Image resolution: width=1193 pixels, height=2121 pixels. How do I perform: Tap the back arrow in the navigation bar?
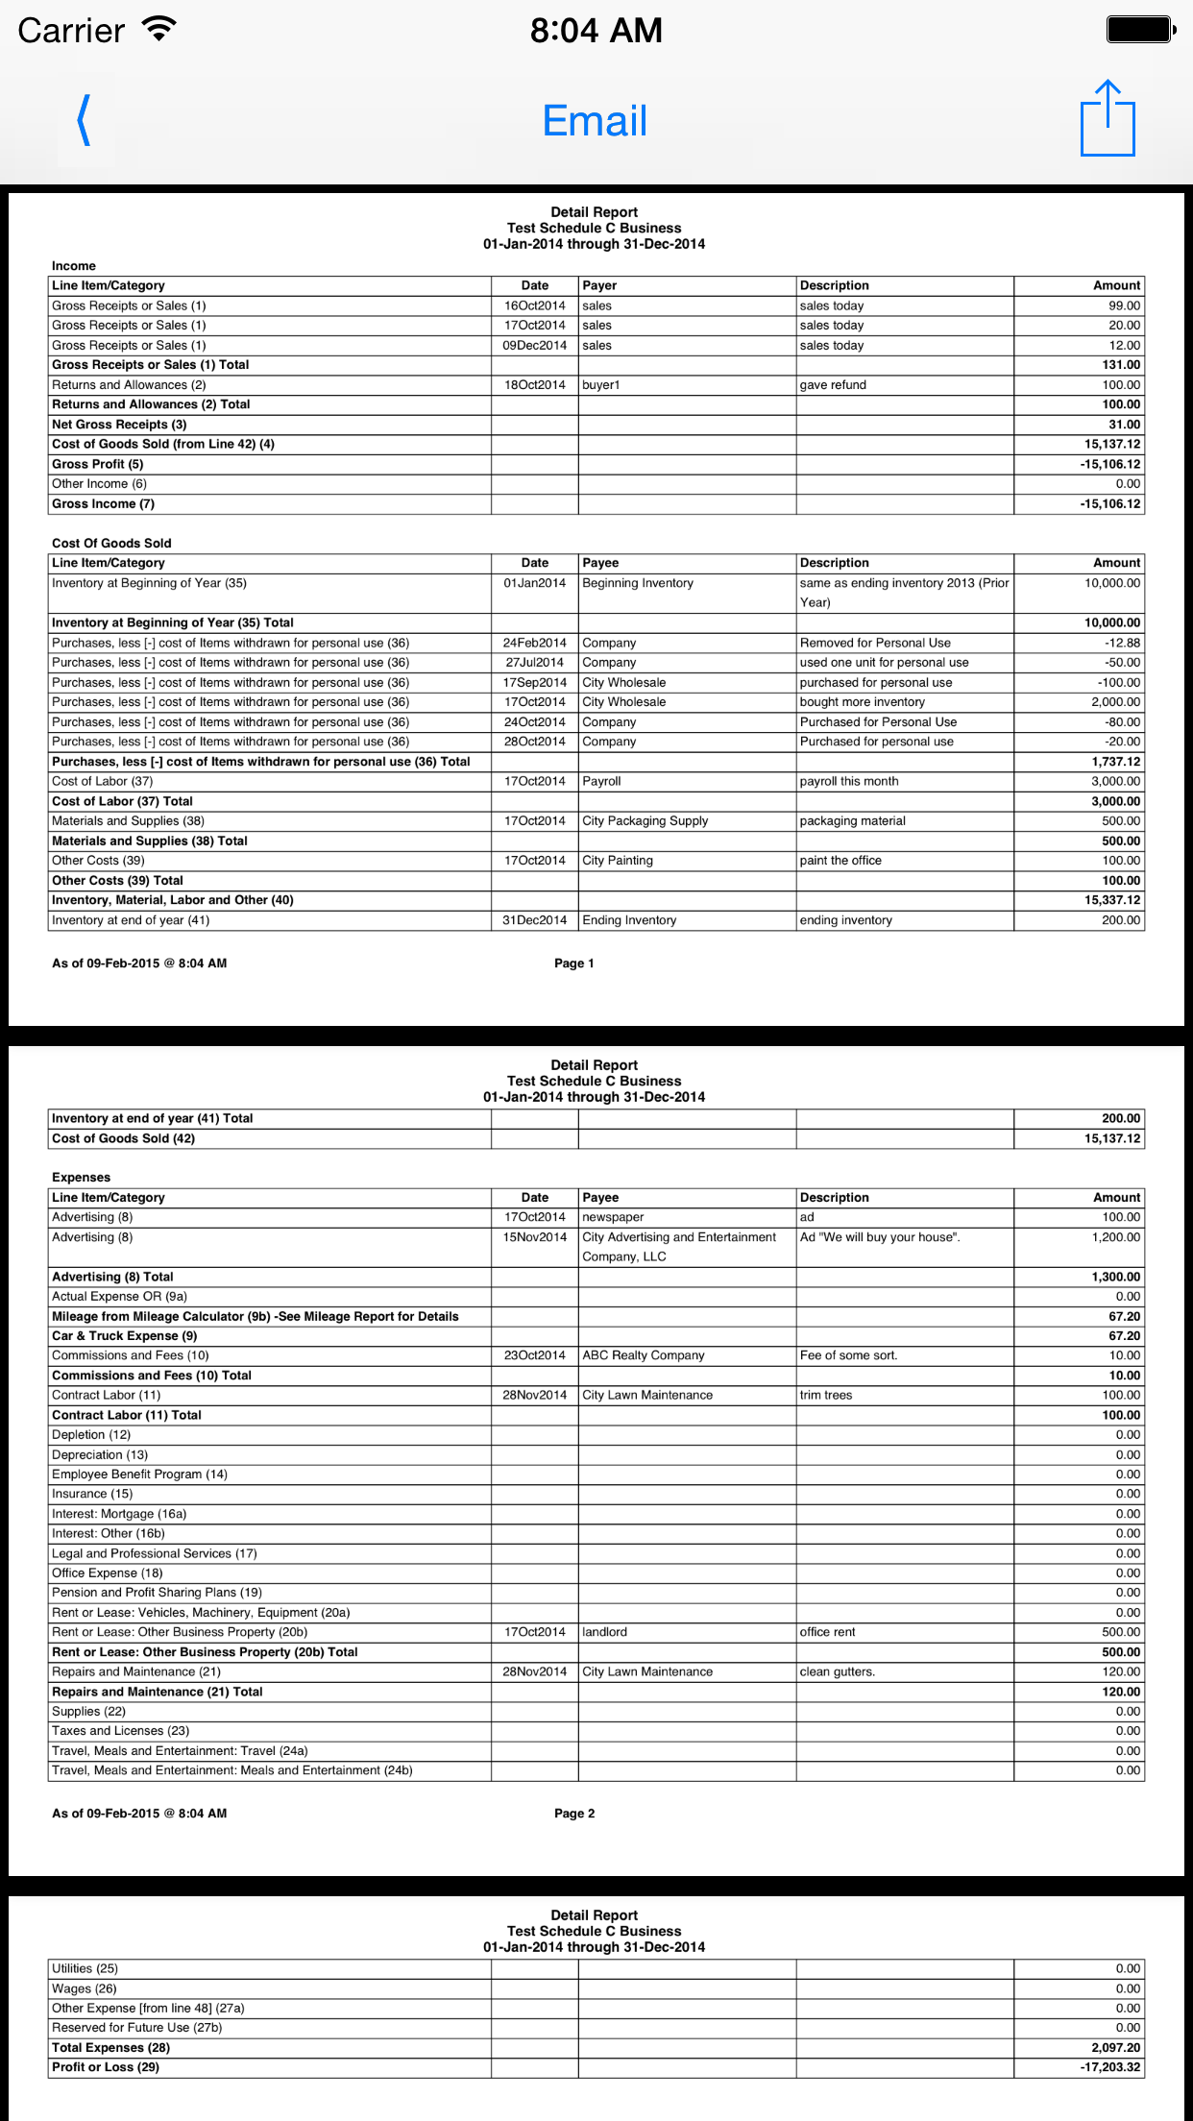point(85,121)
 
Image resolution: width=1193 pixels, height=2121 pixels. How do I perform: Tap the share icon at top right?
point(1107,119)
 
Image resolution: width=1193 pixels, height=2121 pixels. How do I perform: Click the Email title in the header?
point(595,122)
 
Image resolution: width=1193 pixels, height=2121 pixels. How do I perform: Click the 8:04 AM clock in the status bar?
point(596,31)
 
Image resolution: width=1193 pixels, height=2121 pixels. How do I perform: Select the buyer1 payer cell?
point(601,385)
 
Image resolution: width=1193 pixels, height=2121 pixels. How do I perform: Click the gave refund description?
point(833,385)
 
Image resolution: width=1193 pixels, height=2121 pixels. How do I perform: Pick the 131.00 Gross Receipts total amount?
point(1121,365)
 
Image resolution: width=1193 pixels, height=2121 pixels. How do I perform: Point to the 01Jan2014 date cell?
point(535,583)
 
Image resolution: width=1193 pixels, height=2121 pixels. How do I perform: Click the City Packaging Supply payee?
point(645,821)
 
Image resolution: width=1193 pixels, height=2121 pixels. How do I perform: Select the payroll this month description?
point(849,782)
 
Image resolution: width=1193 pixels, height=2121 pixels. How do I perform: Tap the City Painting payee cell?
point(618,861)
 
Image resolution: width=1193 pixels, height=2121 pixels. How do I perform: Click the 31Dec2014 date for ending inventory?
point(535,920)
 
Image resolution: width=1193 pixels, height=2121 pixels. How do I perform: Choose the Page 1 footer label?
point(574,963)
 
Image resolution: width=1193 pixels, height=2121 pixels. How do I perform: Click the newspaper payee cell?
point(613,1217)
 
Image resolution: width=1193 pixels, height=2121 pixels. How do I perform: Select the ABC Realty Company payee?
point(644,1355)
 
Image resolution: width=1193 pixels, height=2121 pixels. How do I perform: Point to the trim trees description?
point(826,1395)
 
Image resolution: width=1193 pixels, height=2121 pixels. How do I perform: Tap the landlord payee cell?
point(605,1632)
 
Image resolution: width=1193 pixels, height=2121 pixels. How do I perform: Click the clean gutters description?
point(838,1671)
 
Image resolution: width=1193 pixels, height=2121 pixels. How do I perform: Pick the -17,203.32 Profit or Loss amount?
point(1110,2067)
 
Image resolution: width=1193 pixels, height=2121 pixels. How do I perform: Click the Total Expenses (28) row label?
point(111,2047)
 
